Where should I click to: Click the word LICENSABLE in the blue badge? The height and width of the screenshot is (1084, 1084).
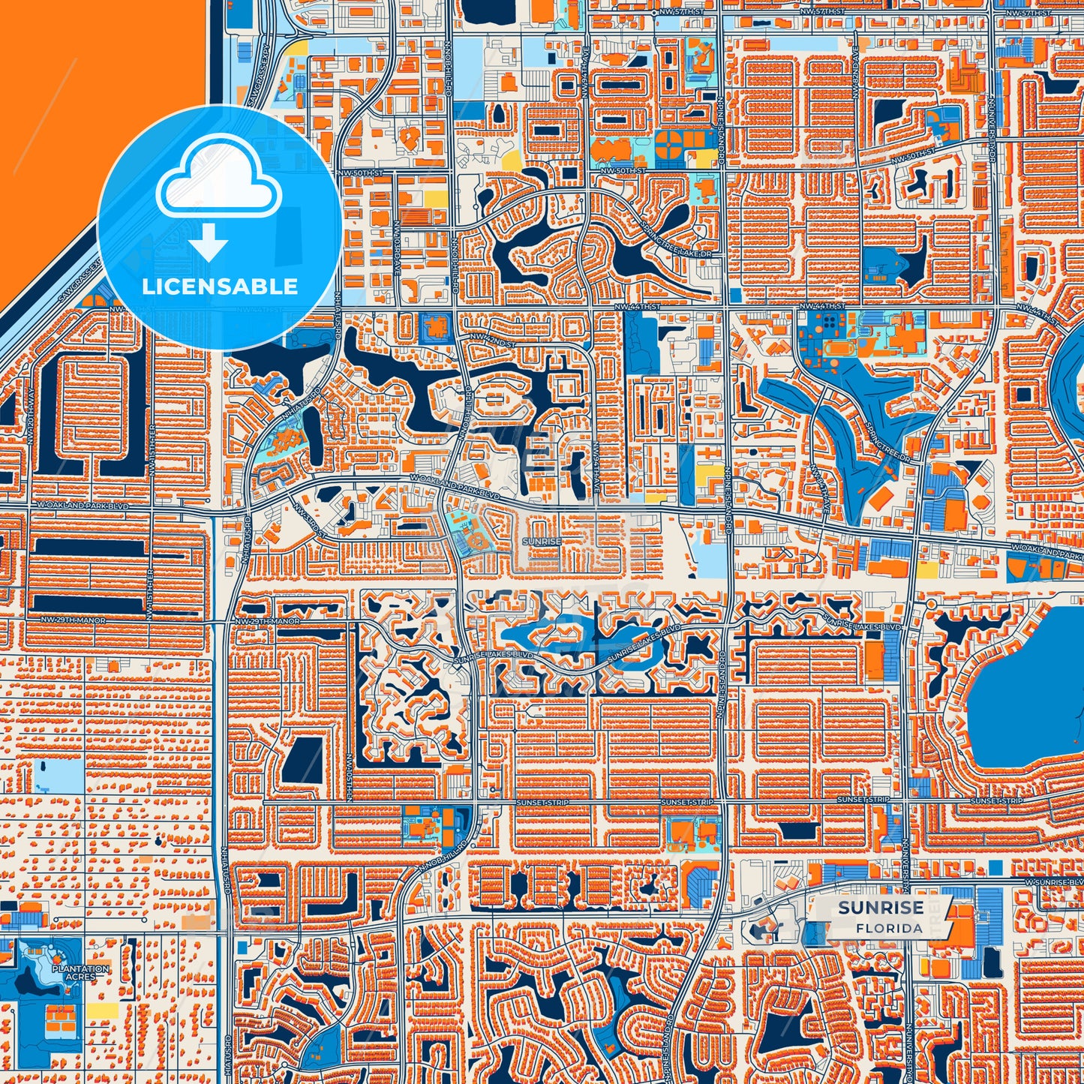[x=220, y=287]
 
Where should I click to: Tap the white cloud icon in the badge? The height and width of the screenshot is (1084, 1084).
[x=218, y=179]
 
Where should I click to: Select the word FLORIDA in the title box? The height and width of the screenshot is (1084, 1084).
[x=890, y=929]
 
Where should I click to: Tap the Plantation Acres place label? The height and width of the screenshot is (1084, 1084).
[x=80, y=973]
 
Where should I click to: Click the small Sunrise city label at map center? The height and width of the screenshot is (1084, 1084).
[x=541, y=542]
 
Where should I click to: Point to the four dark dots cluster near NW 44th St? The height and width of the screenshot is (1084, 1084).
[x=830, y=322]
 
